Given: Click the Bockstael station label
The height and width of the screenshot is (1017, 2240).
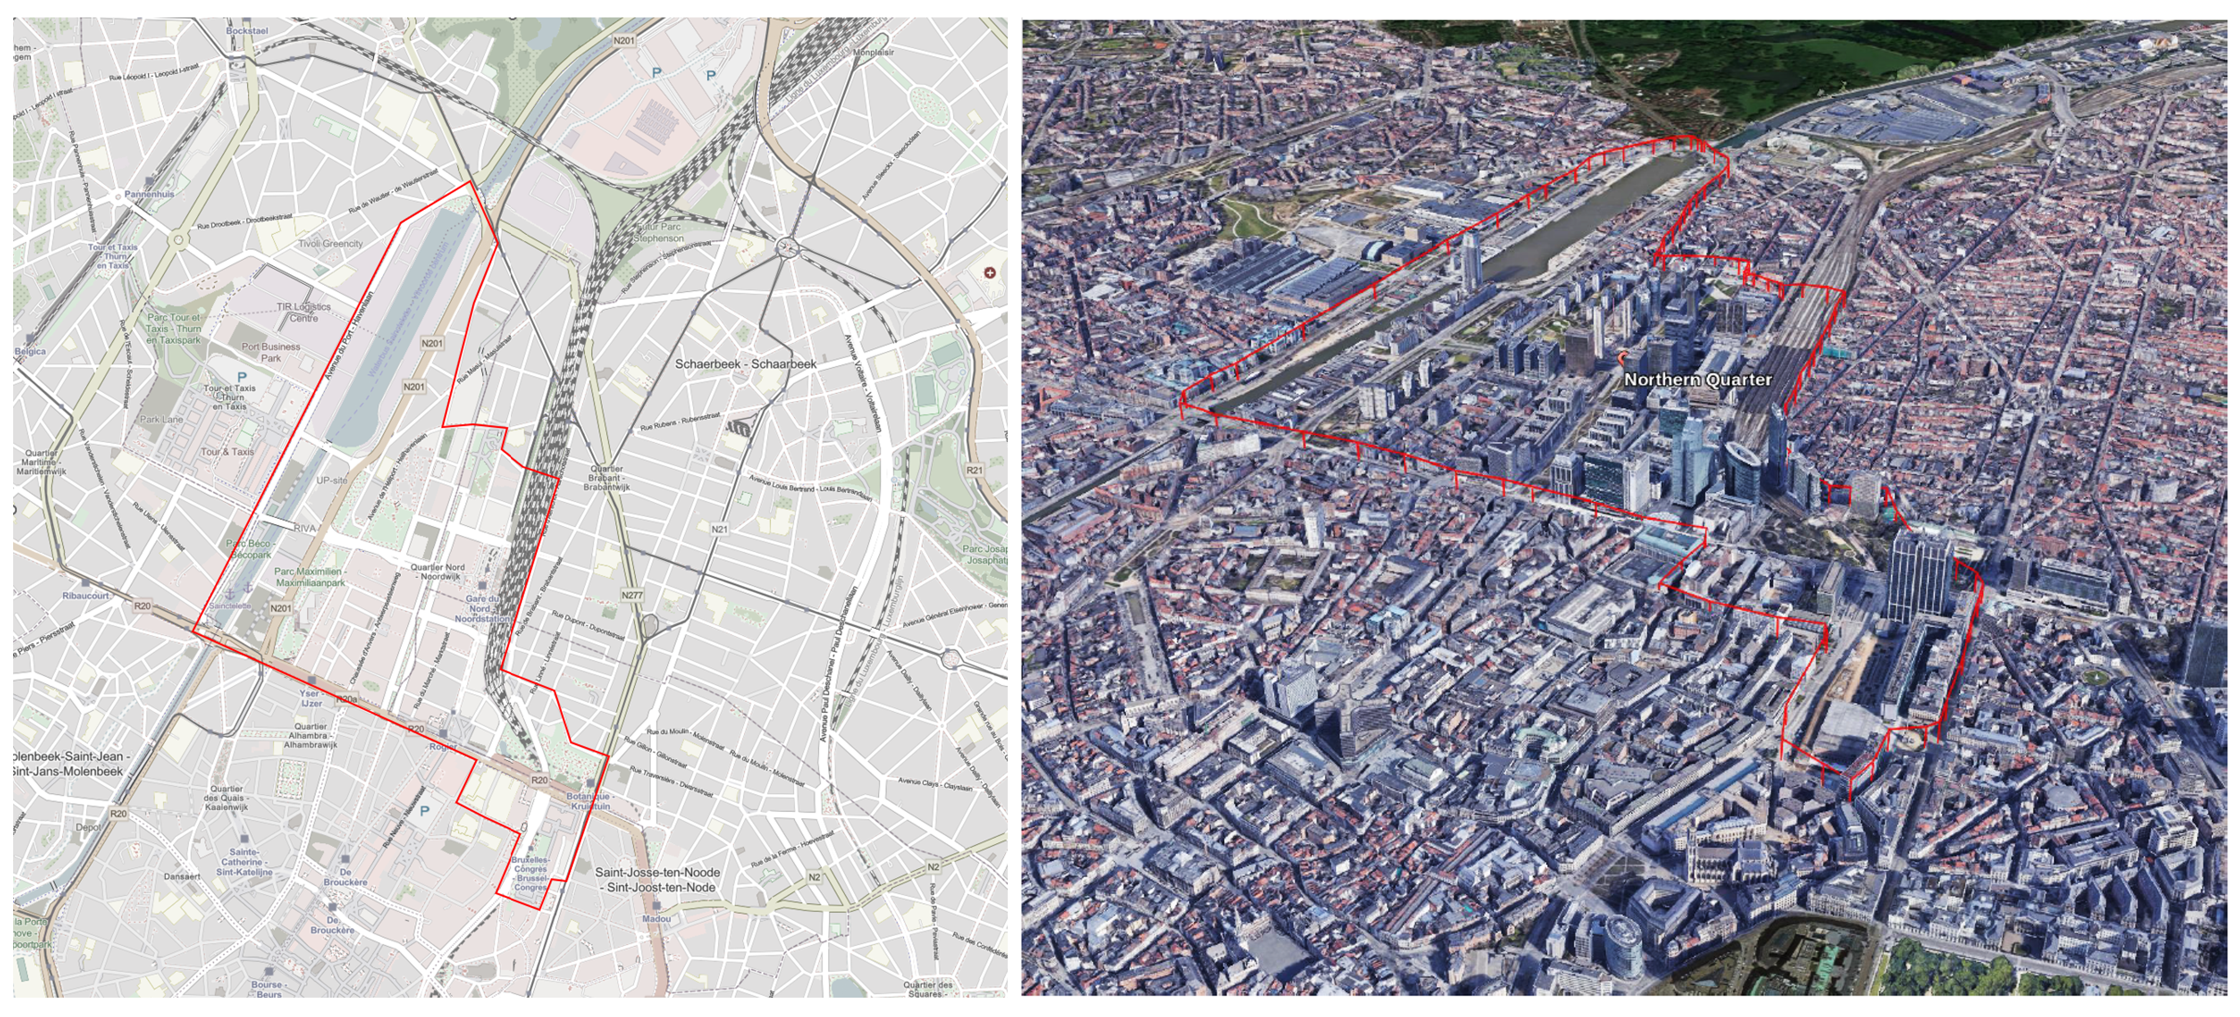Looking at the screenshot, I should point(246,31).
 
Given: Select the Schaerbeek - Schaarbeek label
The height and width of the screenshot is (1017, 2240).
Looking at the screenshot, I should point(745,364).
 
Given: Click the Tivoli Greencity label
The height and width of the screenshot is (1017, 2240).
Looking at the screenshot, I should point(331,244).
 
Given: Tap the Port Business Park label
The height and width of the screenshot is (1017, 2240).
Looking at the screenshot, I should point(271,352).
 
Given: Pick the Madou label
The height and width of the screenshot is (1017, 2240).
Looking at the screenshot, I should point(657,919).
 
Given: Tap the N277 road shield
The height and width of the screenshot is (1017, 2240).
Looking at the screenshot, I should point(632,595).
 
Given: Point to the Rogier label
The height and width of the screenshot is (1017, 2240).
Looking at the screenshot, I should point(443,747).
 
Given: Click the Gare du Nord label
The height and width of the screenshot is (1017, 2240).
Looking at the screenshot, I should point(483,608).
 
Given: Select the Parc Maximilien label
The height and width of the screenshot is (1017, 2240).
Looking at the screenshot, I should point(311,577).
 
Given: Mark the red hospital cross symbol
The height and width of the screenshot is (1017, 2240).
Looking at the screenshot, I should point(988,273).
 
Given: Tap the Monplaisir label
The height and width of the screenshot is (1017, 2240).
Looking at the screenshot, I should point(873,53).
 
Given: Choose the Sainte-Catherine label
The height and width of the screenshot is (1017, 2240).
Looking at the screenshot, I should point(244,861).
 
